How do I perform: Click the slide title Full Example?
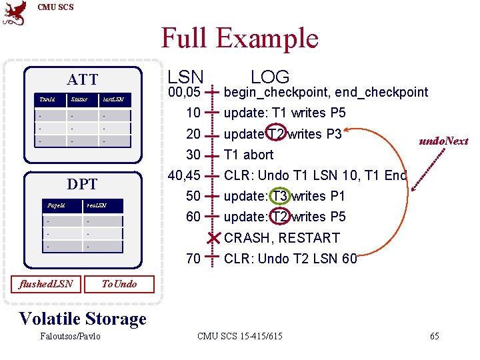coord(240,38)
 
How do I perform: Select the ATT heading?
coord(83,80)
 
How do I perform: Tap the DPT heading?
coord(83,184)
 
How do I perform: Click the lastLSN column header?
coord(112,99)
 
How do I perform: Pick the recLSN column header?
coord(96,205)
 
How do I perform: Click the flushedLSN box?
coord(46,285)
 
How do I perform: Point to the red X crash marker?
coord(213,238)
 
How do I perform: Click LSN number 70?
coord(193,259)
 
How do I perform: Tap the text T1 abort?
coord(249,155)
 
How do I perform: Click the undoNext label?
coord(443,141)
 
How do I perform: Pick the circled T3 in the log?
coord(280,196)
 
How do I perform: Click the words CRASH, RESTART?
coord(282,238)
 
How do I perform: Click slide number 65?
coord(434,336)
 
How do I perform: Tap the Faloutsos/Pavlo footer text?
coord(70,336)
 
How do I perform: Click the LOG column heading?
coord(270,77)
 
